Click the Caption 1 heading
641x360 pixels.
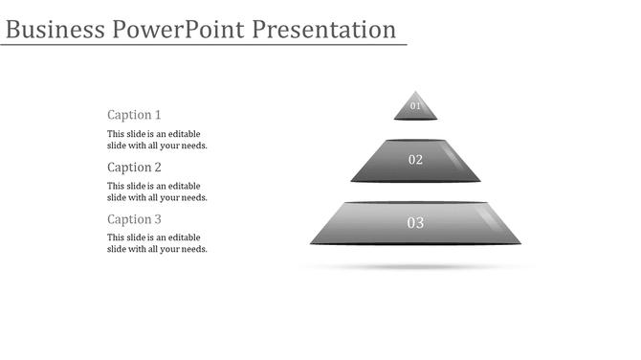coord(134,115)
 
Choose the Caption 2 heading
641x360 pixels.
coord(134,168)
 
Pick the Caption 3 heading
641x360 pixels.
coord(134,219)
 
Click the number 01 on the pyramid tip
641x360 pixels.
coord(415,106)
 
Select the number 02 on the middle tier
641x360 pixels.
coord(415,160)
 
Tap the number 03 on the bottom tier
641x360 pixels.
coord(415,223)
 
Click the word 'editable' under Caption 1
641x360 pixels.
coord(184,134)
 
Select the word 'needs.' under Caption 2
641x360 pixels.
coord(194,197)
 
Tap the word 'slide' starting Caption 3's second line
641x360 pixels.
coord(117,249)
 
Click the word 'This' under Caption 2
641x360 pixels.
coord(116,186)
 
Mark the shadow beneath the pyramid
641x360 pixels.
coord(415,265)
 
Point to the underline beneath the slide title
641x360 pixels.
coord(204,45)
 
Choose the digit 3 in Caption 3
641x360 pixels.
coord(158,219)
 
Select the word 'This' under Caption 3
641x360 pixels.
coord(116,237)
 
